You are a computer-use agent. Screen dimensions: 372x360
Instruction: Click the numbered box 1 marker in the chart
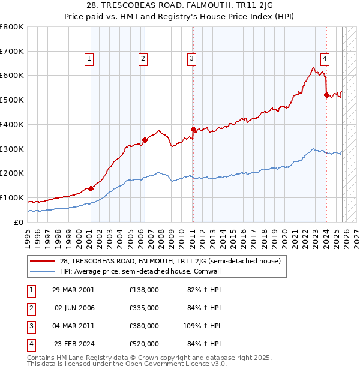[x=89, y=58]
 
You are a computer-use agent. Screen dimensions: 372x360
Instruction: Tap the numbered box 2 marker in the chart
[x=143, y=58]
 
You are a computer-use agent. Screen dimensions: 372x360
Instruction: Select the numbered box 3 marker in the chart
[x=191, y=58]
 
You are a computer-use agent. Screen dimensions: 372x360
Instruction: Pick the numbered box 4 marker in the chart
[x=325, y=58]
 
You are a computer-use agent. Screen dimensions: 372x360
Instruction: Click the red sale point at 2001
[x=91, y=188]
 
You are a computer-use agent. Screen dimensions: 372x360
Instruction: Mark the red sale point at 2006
[x=144, y=140]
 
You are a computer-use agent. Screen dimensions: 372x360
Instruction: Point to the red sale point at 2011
[x=193, y=129]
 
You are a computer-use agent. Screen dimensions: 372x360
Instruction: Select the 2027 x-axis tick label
[x=355, y=237]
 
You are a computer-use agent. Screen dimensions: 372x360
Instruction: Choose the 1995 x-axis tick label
[x=28, y=237]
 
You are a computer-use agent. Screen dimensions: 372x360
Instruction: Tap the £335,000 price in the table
[x=144, y=308]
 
